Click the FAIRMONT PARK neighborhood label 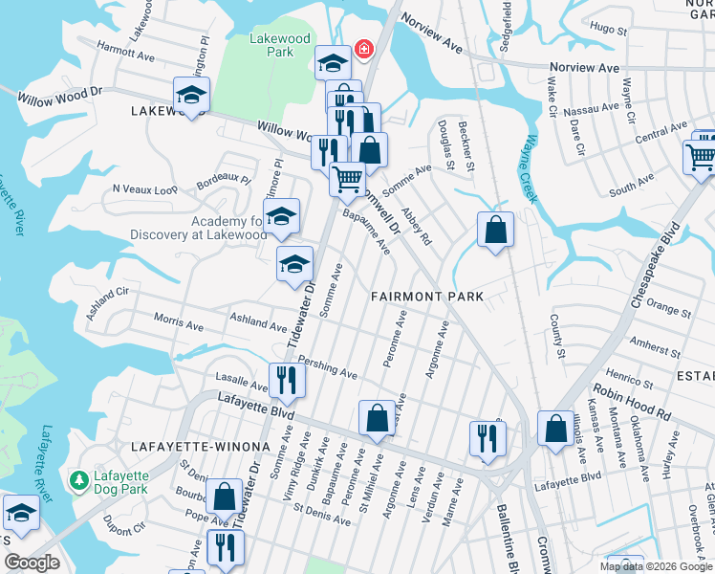427,297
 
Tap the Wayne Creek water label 527,173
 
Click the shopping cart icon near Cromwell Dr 347,177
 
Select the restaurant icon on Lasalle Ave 286,380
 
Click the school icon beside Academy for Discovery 281,217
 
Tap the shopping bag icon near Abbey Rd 495,230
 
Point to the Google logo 32,563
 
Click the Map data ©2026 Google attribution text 656,566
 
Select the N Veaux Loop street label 145,189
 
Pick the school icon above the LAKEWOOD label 191,94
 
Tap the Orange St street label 668,307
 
